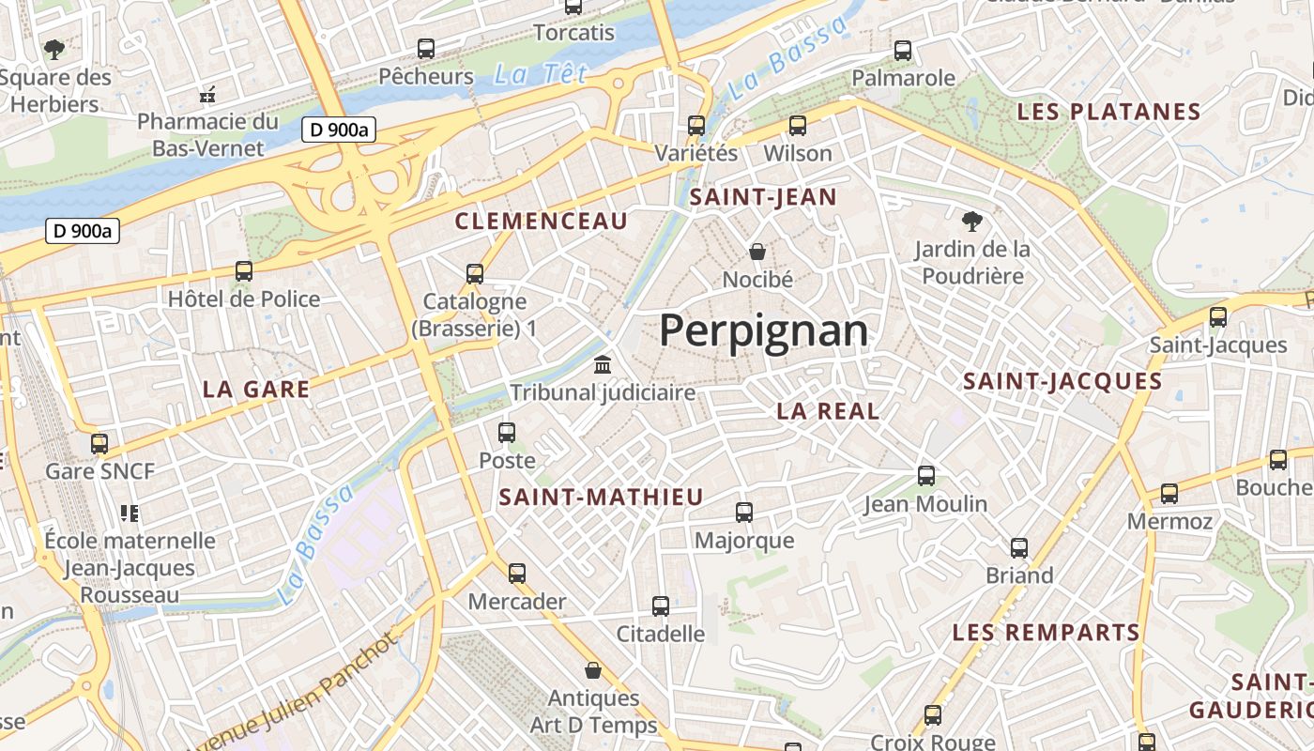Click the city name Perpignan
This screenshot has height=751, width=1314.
pyautogui.click(x=763, y=330)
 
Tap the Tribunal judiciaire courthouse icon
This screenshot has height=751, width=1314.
pyautogui.click(x=603, y=364)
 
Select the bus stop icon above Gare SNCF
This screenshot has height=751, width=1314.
pyautogui.click(x=99, y=443)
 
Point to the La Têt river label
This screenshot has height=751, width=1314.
pyautogui.click(x=541, y=74)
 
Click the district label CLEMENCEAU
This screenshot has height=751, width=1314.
pyautogui.click(x=541, y=222)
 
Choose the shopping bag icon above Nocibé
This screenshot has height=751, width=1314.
pyautogui.click(x=757, y=252)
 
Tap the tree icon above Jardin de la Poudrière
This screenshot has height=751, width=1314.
pyautogui.click(x=971, y=222)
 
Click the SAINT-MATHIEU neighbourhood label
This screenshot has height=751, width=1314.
pyautogui.click(x=601, y=498)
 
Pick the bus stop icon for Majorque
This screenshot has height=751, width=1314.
pyautogui.click(x=744, y=513)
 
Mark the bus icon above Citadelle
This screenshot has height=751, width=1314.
pyautogui.click(x=661, y=606)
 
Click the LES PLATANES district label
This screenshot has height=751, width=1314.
pyautogui.click(x=1109, y=112)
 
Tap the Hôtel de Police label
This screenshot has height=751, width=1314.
pyautogui.click(x=244, y=299)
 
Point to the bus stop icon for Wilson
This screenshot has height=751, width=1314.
pyautogui.click(x=798, y=125)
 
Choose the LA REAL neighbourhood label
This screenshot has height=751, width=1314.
pyautogui.click(x=828, y=411)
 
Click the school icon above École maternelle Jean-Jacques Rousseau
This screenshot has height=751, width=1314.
pyautogui.click(x=130, y=513)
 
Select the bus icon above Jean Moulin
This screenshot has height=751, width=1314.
pyautogui.click(x=926, y=476)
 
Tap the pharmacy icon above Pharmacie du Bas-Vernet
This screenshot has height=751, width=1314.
pyautogui.click(x=208, y=94)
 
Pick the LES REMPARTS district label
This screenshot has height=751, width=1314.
pyautogui.click(x=1047, y=632)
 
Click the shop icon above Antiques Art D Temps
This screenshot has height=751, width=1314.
pyautogui.click(x=593, y=670)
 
